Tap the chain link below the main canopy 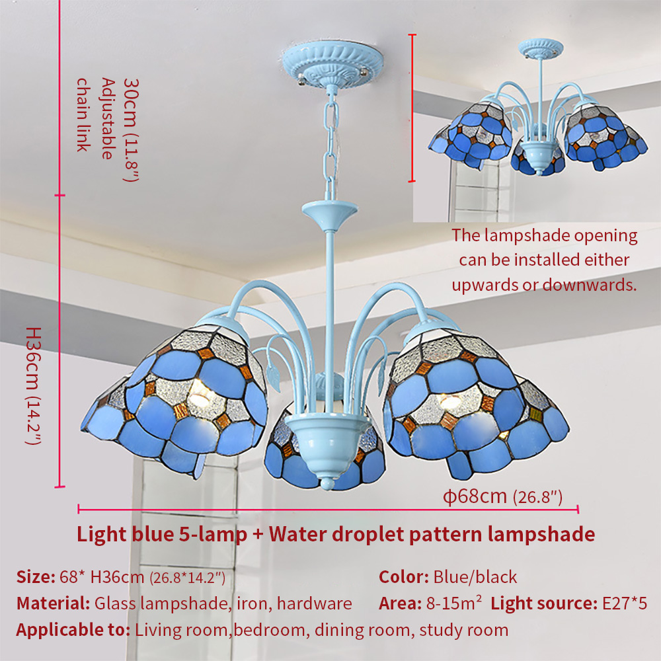tap(330, 143)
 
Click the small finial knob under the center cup tap(327, 483)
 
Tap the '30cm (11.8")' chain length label tap(130, 130)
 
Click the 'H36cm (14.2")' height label tap(34, 386)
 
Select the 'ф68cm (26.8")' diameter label tap(502, 496)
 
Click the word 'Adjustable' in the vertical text tap(108, 118)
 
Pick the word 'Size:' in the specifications tap(36, 576)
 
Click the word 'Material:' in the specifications tap(53, 603)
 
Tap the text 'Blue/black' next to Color tap(475, 576)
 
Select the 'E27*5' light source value tap(625, 603)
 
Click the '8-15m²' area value tap(453, 603)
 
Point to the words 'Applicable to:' tap(73, 630)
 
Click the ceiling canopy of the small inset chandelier tap(541, 48)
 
